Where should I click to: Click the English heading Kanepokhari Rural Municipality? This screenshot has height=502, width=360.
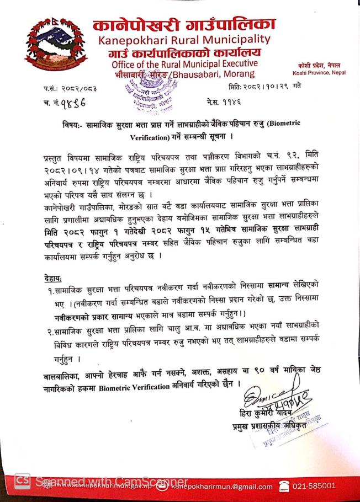[184, 40]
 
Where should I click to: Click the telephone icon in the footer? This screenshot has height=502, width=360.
[285, 486]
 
